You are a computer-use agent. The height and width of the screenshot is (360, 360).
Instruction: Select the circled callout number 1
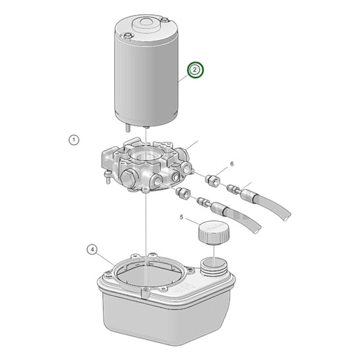pyautogui.click(x=74, y=140)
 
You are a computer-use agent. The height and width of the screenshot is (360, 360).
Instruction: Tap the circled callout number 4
pyautogui.click(x=93, y=249)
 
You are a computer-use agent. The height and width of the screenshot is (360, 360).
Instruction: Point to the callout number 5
pyautogui.click(x=182, y=217)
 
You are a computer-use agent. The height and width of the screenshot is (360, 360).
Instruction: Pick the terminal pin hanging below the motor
pyautogui.click(x=126, y=126)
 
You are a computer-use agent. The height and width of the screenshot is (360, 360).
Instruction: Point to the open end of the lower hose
pyautogui.click(x=257, y=228)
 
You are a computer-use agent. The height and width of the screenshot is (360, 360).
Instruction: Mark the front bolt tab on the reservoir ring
pyautogui.click(x=145, y=292)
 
